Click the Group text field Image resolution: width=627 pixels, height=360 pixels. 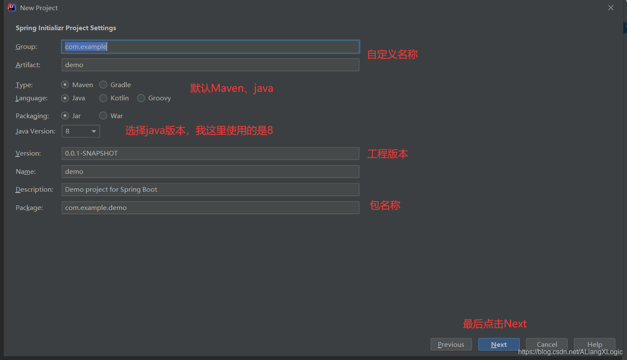(x=210, y=47)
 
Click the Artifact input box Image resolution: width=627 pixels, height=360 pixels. (x=210, y=65)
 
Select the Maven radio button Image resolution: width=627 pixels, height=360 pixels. (x=65, y=85)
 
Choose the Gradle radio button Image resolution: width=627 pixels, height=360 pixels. (x=103, y=85)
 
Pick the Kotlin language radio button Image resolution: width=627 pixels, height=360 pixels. (x=103, y=98)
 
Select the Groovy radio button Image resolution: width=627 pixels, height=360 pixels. (x=141, y=98)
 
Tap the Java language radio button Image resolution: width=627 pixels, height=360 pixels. (x=65, y=98)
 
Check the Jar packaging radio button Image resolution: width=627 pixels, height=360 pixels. (x=65, y=116)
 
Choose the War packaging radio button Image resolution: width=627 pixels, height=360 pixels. (x=103, y=116)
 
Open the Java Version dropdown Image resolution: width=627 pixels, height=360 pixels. (x=81, y=131)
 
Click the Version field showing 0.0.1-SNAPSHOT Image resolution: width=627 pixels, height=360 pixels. (x=210, y=153)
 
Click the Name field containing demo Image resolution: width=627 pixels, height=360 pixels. (x=210, y=172)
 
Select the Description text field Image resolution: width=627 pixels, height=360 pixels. (x=210, y=190)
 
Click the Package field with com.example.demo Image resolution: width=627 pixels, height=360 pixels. (x=210, y=208)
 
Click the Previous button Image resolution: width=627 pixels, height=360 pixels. (x=451, y=344)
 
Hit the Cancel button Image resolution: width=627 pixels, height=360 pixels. (x=547, y=344)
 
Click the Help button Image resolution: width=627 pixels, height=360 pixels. (x=594, y=344)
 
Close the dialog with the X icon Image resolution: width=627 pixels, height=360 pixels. (x=611, y=8)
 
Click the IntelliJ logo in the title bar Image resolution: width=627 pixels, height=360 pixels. (x=11, y=8)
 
